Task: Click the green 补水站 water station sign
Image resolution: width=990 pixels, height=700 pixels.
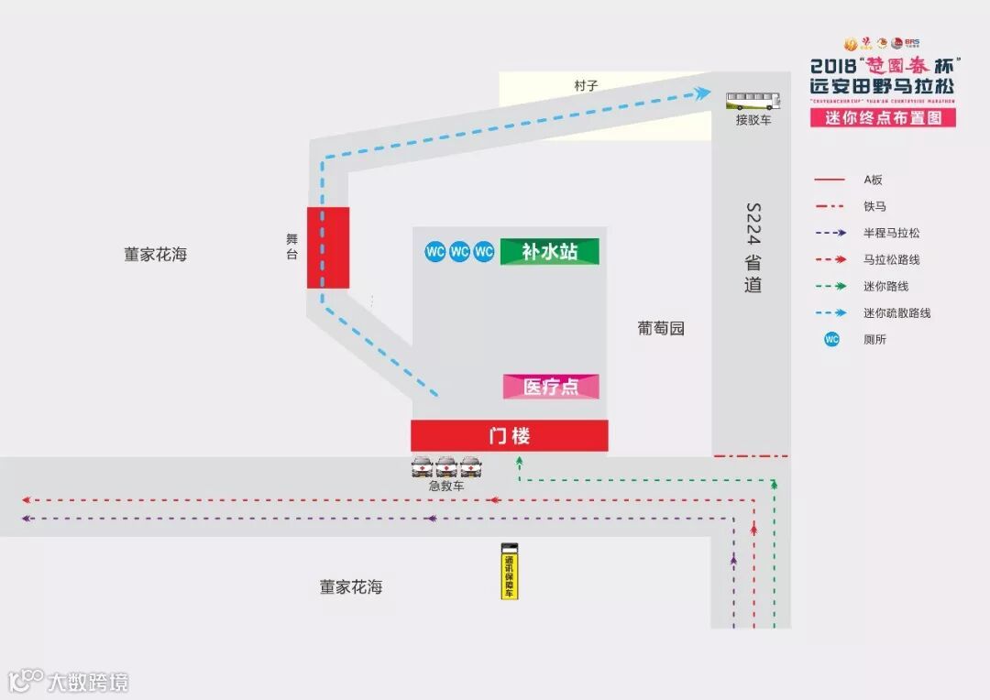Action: point(549,252)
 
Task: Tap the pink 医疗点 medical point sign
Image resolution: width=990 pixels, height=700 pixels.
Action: point(551,387)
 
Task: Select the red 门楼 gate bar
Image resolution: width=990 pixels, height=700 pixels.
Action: point(509,436)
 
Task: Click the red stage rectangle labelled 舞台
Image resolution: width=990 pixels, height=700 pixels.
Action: point(327,247)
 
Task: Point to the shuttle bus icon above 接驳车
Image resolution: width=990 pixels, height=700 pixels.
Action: point(753,100)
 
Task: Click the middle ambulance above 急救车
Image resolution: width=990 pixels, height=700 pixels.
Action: point(446,467)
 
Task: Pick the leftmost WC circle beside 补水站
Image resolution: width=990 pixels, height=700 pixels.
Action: point(435,251)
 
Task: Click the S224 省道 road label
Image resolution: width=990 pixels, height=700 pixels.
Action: point(753,247)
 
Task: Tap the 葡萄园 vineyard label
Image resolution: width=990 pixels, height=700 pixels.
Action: point(661,328)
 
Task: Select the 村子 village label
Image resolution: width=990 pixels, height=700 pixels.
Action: point(586,85)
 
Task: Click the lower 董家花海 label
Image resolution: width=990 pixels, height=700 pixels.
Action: point(351,587)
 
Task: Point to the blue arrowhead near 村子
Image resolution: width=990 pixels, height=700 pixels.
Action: point(703,93)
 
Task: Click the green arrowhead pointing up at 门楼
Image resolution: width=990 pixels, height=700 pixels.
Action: point(520,462)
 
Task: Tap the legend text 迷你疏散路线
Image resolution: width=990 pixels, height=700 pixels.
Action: point(896,313)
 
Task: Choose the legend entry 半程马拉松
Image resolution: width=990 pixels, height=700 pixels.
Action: point(891,234)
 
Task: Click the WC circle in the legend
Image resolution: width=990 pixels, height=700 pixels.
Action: point(831,340)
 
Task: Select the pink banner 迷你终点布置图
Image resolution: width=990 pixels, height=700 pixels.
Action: point(883,118)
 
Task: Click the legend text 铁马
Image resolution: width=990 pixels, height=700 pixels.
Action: point(874,207)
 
